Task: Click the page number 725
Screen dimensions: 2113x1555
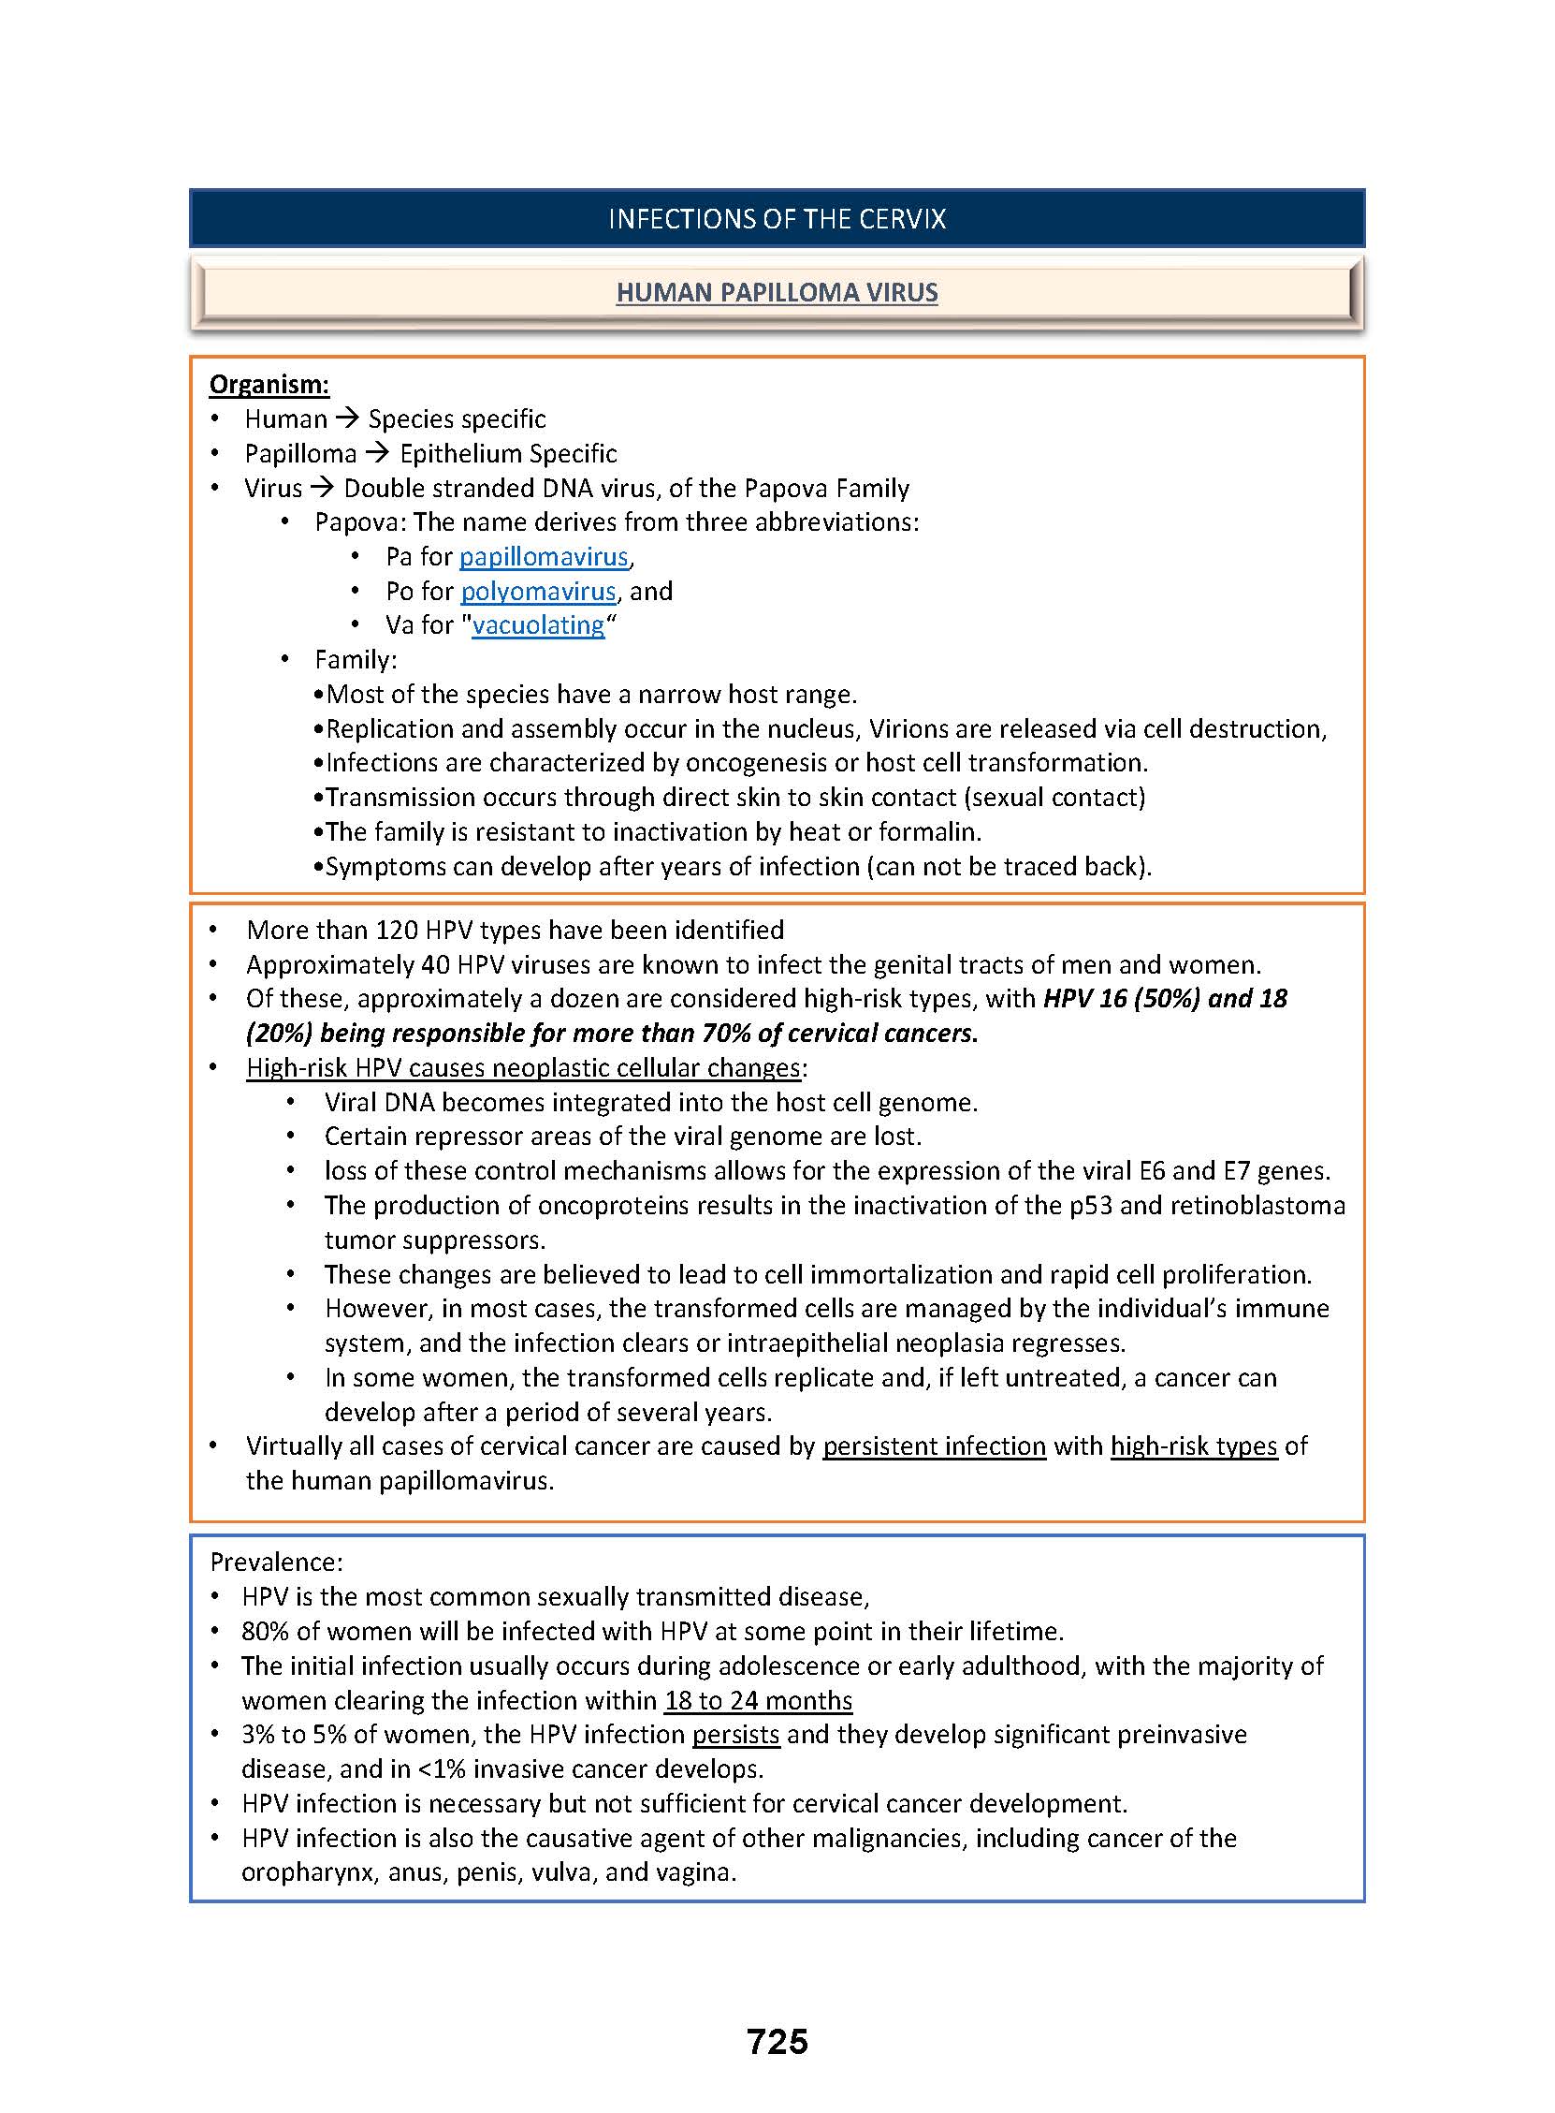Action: coord(777,2041)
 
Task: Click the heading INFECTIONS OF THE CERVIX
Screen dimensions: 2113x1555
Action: coord(777,218)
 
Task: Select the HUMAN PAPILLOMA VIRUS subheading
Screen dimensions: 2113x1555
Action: coord(777,292)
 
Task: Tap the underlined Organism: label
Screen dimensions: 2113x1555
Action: coord(269,384)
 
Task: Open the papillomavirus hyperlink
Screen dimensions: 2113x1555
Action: coord(543,556)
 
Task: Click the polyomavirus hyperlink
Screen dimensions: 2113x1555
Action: coord(538,592)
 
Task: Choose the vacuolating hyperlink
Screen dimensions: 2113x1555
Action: coord(538,625)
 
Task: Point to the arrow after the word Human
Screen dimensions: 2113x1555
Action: coord(347,418)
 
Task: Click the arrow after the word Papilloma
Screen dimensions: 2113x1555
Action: coord(377,453)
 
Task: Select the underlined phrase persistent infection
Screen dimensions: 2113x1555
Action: coord(934,1446)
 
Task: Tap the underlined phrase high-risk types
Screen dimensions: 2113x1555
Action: coord(1194,1446)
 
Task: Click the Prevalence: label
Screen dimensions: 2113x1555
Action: coord(276,1563)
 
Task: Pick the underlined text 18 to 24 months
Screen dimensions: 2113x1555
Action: coord(758,1700)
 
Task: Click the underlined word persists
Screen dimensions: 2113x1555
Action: coord(735,1735)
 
